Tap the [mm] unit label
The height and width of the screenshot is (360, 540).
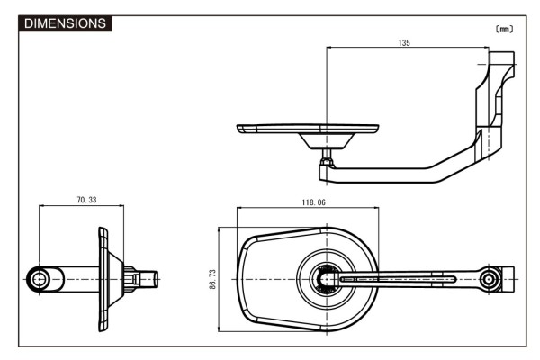504,29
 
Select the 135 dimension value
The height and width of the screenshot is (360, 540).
405,43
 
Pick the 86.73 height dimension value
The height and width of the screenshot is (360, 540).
213,279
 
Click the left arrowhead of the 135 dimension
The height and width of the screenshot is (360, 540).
330,49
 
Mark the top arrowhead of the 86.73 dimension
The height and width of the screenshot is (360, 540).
220,229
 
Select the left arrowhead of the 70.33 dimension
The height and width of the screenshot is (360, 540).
42,206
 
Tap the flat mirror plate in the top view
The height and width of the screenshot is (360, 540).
306,128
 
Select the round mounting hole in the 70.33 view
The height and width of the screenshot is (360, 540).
40,279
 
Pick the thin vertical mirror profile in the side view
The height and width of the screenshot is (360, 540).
102,279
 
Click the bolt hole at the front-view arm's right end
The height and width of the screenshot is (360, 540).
490,279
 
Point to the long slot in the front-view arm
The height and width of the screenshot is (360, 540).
396,279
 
